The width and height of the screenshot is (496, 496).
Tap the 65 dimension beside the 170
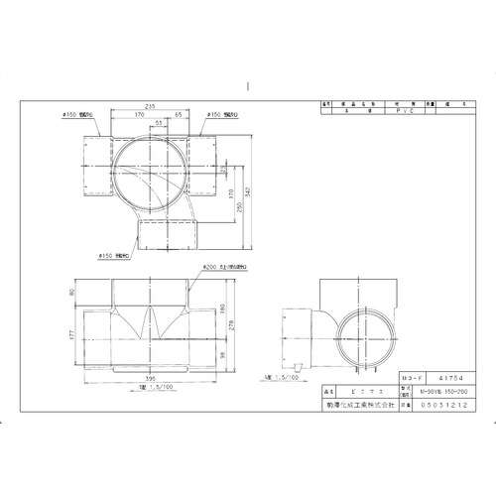[x=177, y=116]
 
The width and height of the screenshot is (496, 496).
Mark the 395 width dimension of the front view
[x=150, y=378]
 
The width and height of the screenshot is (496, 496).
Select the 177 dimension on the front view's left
[x=70, y=333]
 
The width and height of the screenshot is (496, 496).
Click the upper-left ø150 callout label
[x=78, y=115]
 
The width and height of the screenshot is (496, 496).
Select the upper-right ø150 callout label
[x=225, y=115]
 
